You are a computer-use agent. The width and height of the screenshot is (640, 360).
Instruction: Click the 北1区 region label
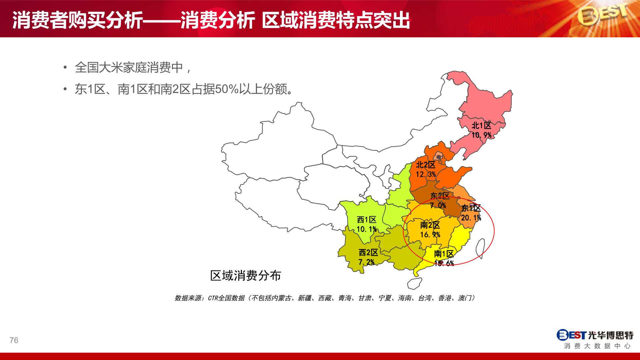click(481, 126)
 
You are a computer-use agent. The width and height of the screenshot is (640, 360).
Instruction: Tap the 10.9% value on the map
click(481, 135)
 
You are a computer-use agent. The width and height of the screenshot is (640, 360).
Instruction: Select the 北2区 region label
click(426, 165)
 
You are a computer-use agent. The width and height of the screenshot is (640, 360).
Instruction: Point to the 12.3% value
click(426, 174)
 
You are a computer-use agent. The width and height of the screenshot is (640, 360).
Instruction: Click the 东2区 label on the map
click(440, 196)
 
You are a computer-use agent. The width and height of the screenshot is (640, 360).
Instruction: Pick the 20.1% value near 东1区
click(471, 218)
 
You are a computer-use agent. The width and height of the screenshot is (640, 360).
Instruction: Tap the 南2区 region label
click(430, 225)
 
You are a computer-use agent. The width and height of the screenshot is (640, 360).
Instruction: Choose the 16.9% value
click(430, 235)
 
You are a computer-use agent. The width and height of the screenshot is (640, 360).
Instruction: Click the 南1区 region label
click(444, 254)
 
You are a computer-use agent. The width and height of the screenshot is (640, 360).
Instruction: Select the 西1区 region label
click(367, 220)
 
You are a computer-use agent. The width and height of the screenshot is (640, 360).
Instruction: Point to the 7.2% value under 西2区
click(366, 262)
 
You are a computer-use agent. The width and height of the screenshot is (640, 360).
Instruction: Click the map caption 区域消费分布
click(246, 276)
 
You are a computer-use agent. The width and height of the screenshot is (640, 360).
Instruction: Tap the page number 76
click(14, 340)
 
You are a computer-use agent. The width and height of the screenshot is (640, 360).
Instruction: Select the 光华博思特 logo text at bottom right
click(611, 335)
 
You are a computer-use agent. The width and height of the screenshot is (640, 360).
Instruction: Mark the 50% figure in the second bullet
click(227, 89)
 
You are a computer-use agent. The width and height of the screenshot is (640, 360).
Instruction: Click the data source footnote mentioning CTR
click(325, 298)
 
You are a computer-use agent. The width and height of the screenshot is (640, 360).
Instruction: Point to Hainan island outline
click(414, 284)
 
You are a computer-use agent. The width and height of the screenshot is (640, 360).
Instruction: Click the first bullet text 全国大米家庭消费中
click(129, 68)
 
